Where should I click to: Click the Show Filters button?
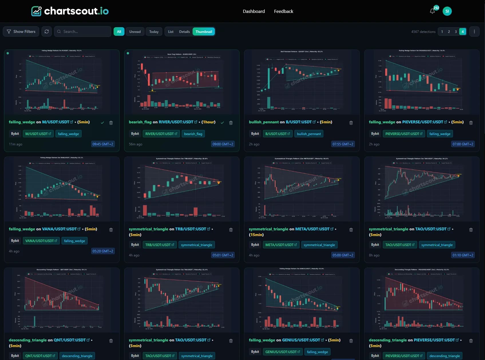pos(21,31)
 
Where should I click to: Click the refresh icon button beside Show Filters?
pos(47,31)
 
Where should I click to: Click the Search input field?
pos(83,31)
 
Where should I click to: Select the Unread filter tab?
pos(135,32)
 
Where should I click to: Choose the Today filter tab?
pos(154,32)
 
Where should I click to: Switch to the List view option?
pos(171,32)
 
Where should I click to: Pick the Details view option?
pos(184,32)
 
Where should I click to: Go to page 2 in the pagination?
pos(449,32)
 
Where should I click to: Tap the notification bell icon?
pos(432,11)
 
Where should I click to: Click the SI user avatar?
pos(447,11)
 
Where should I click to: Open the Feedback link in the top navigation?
pos(284,11)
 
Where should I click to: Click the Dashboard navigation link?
pos(254,11)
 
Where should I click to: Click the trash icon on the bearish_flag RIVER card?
pos(231,123)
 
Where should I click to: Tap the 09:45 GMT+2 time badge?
pos(103,144)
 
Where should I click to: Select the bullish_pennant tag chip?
pos(309,134)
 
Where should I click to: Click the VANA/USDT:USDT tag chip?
pos(41,241)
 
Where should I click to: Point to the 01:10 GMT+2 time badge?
pos(463,255)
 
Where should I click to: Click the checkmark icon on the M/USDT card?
pos(102,123)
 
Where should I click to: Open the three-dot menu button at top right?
pos(474,32)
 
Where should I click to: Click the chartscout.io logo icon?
pos(36,11)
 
